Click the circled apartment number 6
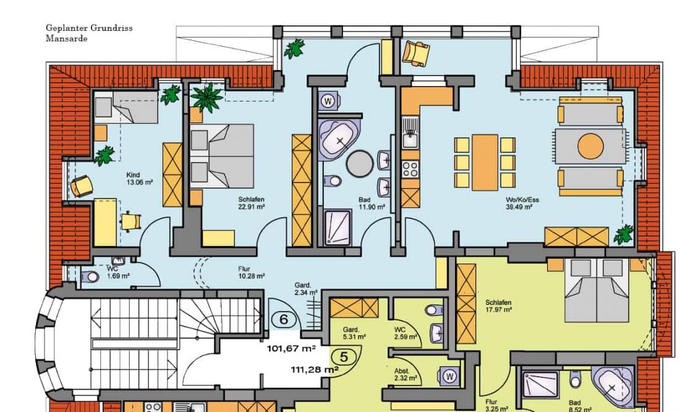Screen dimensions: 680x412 (x=284, y=320)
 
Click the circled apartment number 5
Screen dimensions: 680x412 (x=344, y=358)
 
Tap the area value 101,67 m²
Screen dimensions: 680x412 (x=291, y=348)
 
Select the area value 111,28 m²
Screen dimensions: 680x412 (x=315, y=369)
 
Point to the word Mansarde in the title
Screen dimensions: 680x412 (x=66, y=38)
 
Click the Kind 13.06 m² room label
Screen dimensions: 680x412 (x=139, y=179)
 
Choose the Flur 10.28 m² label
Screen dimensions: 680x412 (x=251, y=272)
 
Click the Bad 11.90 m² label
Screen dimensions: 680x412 (x=372, y=204)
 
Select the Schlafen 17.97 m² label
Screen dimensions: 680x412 (x=498, y=306)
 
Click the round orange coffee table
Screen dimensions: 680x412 (x=590, y=147)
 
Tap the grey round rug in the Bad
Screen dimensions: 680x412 (x=360, y=164)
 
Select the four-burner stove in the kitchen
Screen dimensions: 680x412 (x=410, y=169)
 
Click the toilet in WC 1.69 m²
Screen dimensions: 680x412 (x=90, y=277)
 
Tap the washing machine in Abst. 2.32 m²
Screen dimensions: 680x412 (x=449, y=376)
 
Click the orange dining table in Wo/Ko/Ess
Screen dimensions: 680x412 (x=485, y=162)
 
